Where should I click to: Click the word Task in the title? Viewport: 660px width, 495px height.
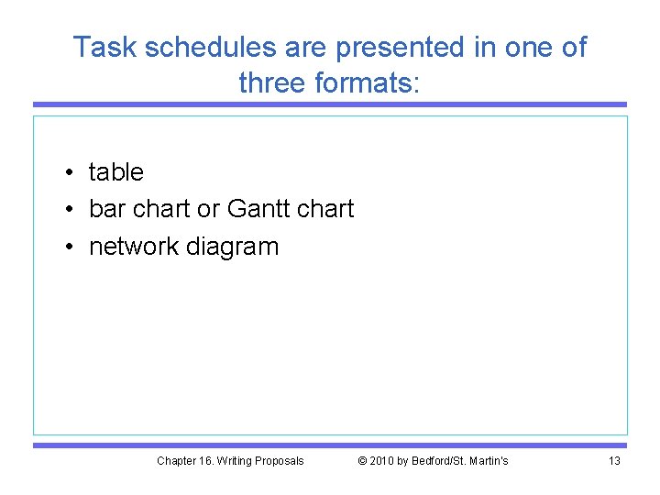(x=100, y=47)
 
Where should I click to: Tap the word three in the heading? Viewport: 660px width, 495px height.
(x=272, y=82)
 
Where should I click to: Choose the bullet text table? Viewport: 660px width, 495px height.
(x=116, y=172)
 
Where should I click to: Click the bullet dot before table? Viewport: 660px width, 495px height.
(x=70, y=173)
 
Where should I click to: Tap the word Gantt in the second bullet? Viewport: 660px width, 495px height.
(x=263, y=209)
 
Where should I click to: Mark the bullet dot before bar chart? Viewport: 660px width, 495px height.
(x=70, y=210)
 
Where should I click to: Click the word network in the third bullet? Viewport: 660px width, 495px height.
(x=134, y=247)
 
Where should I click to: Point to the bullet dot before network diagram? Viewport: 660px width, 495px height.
(x=70, y=247)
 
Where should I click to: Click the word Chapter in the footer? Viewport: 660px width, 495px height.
(x=176, y=460)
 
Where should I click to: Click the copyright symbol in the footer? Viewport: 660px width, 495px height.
(x=362, y=460)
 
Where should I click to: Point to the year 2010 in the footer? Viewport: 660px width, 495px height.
(x=382, y=460)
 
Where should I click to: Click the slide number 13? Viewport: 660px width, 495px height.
(x=614, y=460)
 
